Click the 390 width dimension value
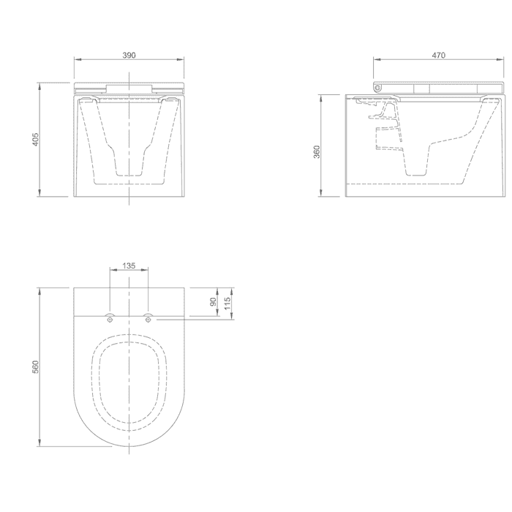(x=129, y=55)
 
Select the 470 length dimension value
(x=439, y=55)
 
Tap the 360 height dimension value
(x=317, y=152)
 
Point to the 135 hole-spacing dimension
(x=129, y=266)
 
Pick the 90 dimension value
(x=214, y=301)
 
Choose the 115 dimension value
(x=228, y=303)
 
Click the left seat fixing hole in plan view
(x=110, y=320)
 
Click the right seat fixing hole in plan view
(x=148, y=320)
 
